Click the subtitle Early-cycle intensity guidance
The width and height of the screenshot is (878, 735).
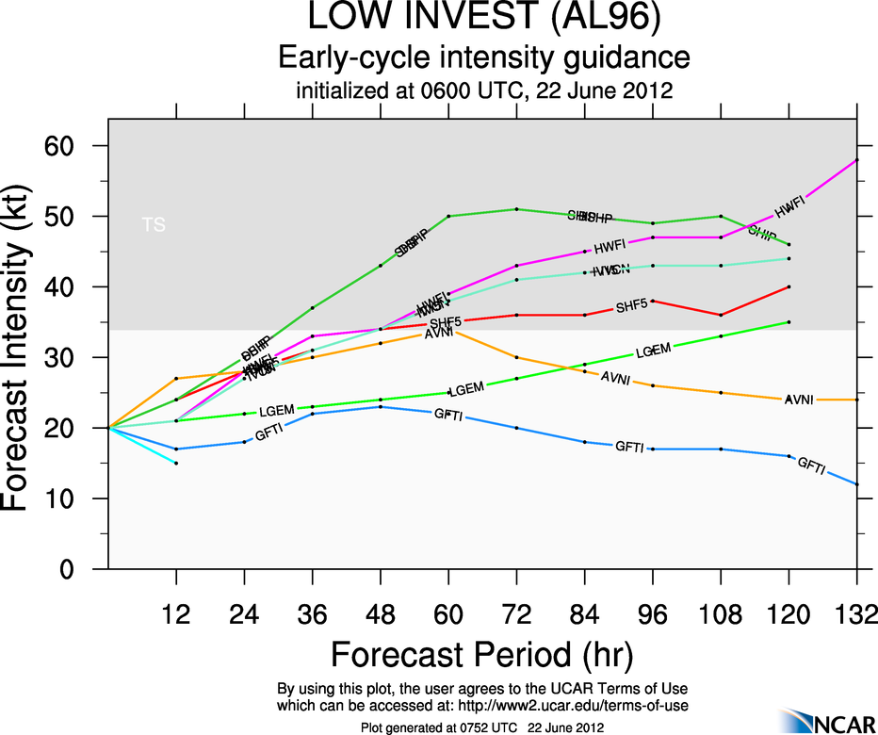click(477, 57)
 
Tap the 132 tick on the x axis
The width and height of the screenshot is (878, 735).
click(856, 615)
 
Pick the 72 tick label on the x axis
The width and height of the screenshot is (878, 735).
click(516, 615)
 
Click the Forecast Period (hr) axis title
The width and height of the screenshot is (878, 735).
click(481, 654)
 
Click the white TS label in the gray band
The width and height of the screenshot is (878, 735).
click(153, 224)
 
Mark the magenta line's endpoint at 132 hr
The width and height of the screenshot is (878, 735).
click(856, 160)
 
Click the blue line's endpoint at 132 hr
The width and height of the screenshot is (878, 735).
click(856, 484)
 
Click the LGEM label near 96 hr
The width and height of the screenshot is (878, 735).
click(653, 351)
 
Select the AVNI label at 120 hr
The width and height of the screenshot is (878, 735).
click(799, 400)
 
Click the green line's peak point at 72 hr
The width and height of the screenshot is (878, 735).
click(516, 209)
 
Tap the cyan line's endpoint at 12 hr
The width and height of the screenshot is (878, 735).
click(176, 463)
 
